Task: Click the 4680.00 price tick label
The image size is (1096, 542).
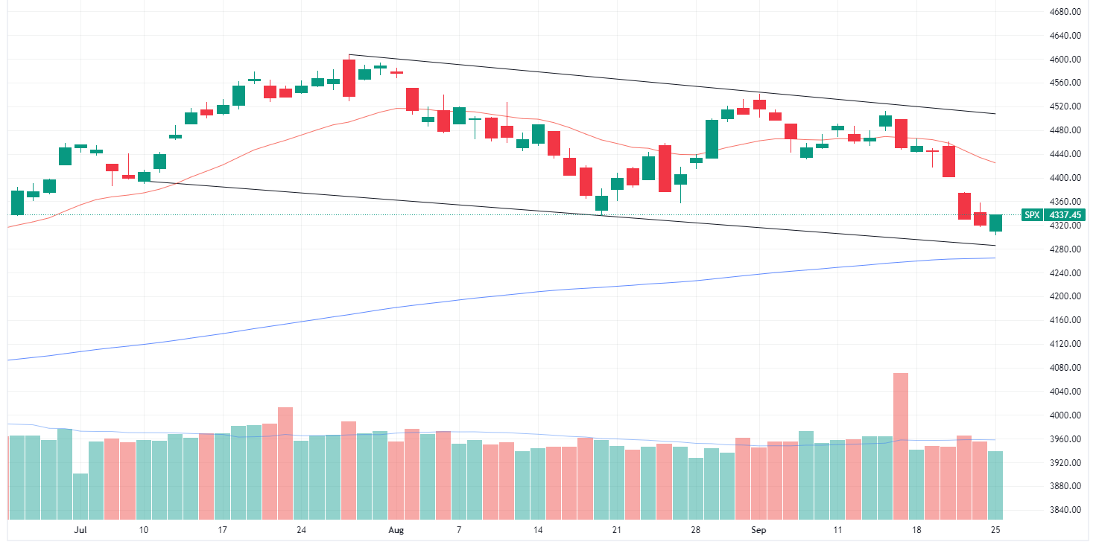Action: tap(1065, 12)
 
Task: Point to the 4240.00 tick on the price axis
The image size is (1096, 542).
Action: tap(1065, 273)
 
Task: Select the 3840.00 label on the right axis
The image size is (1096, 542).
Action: tap(1065, 511)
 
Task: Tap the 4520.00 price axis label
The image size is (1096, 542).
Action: tap(1065, 107)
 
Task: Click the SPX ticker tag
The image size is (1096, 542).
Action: tap(1031, 215)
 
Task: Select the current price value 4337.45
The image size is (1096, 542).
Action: tap(1065, 215)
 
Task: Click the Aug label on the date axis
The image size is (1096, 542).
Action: tap(396, 530)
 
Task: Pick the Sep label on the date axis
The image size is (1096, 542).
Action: tap(758, 530)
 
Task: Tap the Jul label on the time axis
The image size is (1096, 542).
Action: tap(80, 530)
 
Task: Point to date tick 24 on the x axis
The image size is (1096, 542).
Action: tap(301, 530)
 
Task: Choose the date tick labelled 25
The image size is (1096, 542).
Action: tap(995, 530)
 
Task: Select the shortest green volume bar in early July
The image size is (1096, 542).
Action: tap(80, 496)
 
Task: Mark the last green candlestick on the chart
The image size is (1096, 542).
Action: tap(995, 223)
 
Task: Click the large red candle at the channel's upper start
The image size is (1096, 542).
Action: tap(349, 78)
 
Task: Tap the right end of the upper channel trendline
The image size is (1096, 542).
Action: tap(995, 114)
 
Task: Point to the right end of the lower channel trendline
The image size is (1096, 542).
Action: tap(995, 245)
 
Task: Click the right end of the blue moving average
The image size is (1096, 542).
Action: tap(995, 258)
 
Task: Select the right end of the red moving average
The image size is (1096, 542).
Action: tap(995, 163)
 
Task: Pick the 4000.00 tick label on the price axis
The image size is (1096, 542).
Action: tap(1065, 415)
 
